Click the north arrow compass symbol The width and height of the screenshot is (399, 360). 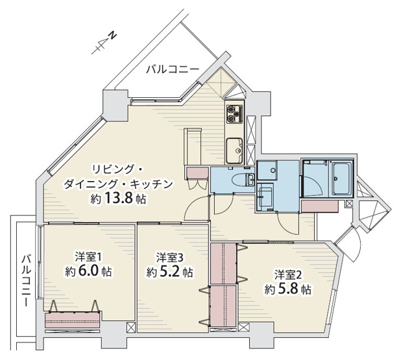coord(104,42)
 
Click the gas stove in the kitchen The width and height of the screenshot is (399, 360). coord(234,114)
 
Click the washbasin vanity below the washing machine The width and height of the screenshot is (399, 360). coord(266,197)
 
